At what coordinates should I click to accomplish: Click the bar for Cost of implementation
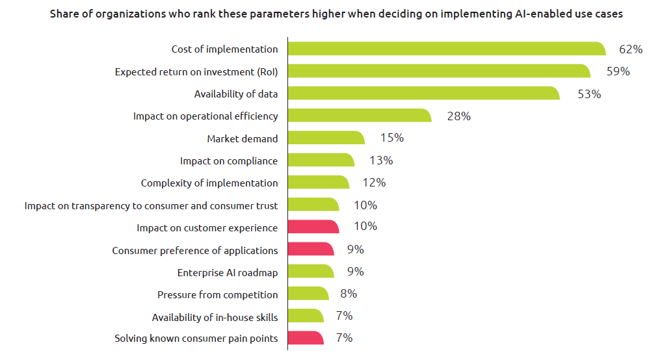coord(446,49)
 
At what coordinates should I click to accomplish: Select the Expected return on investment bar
coord(438,71)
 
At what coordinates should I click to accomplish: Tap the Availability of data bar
coord(423,93)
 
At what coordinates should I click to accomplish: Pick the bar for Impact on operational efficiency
coord(359,116)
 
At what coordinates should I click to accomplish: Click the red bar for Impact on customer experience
coord(313,227)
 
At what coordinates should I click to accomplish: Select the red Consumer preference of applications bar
coord(310,250)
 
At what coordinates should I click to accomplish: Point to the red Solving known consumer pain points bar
coord(305,338)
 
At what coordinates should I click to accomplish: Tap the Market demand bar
coord(326,138)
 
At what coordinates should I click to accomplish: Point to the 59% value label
coord(618,71)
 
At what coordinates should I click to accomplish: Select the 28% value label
coord(458,116)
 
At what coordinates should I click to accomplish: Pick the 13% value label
coord(381,161)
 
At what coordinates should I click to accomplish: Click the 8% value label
coord(348,294)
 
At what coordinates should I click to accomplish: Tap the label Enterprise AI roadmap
coord(227,272)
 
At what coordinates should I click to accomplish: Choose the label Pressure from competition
coord(217,295)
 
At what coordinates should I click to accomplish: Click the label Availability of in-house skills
coord(215,317)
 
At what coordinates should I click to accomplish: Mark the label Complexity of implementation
coord(209,183)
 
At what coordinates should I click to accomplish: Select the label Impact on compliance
coord(228,161)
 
